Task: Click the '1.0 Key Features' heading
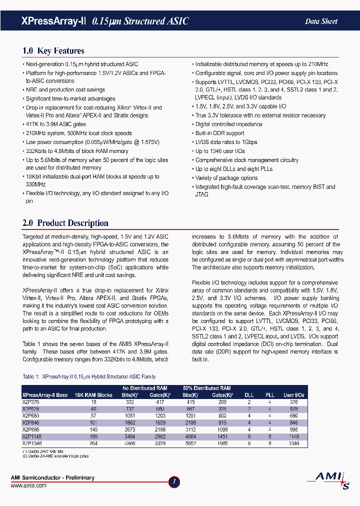pyautogui.click(x=53, y=50)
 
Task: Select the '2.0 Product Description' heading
pyautogui.click(x=65, y=223)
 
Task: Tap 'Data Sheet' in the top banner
pyautogui.click(x=321, y=21)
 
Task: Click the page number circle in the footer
pyautogui.click(x=174, y=482)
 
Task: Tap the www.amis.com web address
pyautogui.click(x=26, y=485)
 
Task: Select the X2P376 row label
pyautogui.click(x=31, y=401)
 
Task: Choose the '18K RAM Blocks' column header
pyautogui.click(x=93, y=395)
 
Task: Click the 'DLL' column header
pyautogui.click(x=249, y=395)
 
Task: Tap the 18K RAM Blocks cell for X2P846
pyautogui.click(x=93, y=422)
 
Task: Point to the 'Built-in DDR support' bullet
pyautogui.click(x=219, y=133)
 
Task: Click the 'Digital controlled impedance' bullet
pyautogui.click(x=228, y=124)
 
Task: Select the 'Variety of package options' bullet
pyautogui.click(x=226, y=178)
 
